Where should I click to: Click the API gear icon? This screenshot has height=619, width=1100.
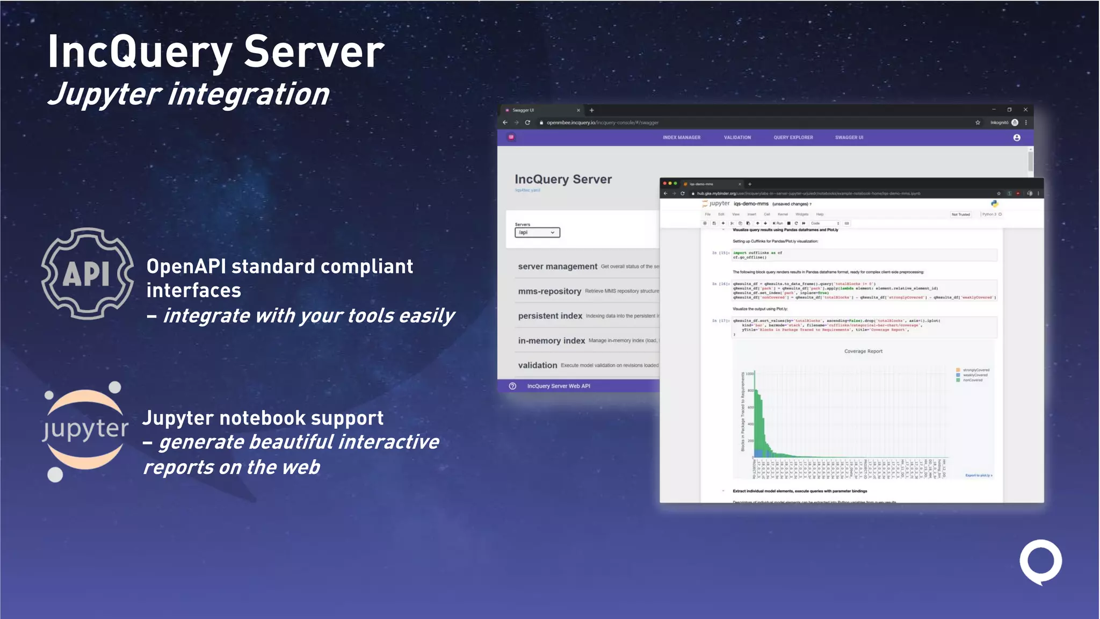[x=88, y=273]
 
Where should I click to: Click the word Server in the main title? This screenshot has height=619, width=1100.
[x=314, y=52]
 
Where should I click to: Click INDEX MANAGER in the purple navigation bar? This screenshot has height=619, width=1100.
[x=682, y=138]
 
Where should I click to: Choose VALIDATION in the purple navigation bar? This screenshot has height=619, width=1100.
[x=737, y=138]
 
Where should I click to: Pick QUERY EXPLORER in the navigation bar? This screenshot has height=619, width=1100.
[x=793, y=138]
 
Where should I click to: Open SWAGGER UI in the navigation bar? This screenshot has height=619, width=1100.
[x=849, y=138]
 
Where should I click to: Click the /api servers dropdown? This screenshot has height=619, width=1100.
[x=537, y=233]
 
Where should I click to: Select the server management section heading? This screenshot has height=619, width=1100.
[x=558, y=267]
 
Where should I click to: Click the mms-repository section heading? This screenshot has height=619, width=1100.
[x=549, y=291]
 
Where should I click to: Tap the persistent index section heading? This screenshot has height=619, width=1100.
[x=550, y=316]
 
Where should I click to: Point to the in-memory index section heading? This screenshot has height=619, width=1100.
[x=552, y=341]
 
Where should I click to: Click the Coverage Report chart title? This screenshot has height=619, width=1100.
[x=863, y=351]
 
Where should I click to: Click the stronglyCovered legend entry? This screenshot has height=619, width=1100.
[x=975, y=370]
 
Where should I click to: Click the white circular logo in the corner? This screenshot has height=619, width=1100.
[x=1040, y=561]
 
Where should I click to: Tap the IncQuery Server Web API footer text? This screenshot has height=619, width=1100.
[x=559, y=386]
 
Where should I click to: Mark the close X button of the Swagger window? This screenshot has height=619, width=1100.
[x=1025, y=110]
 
